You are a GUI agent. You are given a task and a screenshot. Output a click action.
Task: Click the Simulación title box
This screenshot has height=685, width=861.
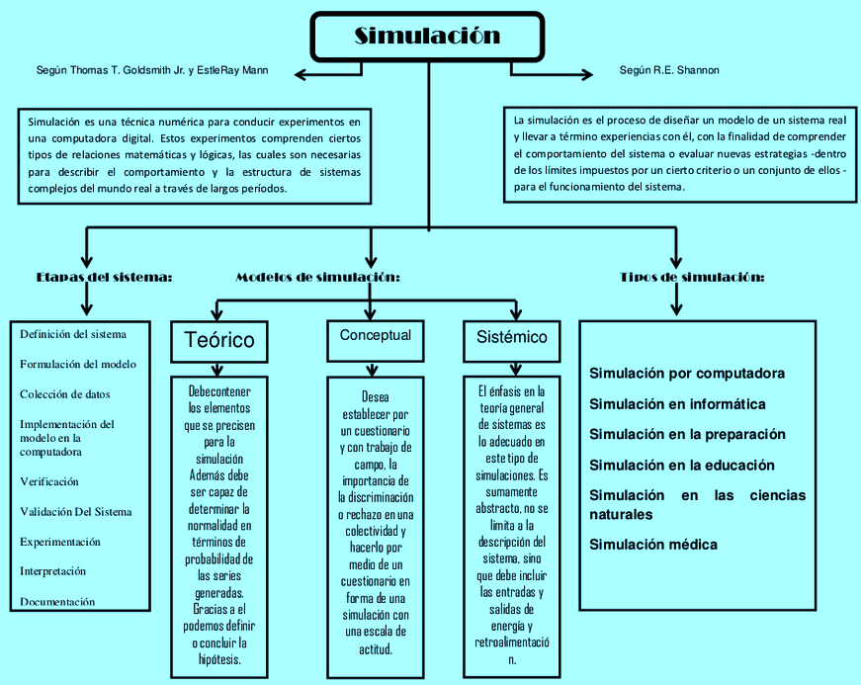click(x=427, y=37)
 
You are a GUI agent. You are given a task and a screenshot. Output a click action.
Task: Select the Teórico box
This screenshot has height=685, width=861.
click(x=218, y=340)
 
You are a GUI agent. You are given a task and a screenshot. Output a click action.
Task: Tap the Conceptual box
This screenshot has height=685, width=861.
click(x=375, y=336)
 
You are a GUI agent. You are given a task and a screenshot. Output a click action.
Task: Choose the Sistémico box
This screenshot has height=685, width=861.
click(x=511, y=337)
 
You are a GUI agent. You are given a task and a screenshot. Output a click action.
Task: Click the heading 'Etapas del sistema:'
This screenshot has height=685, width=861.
click(x=104, y=278)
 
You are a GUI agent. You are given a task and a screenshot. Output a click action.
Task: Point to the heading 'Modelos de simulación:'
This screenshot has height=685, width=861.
click(x=317, y=278)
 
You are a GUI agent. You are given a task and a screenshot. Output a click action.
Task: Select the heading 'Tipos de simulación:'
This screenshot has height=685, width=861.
click(x=692, y=278)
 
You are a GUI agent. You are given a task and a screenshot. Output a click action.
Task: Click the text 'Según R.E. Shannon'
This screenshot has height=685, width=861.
click(x=669, y=71)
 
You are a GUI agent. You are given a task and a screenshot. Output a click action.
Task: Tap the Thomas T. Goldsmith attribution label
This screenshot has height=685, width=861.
click(x=151, y=71)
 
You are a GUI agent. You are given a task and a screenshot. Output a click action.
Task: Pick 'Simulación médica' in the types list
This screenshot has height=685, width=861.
click(x=653, y=545)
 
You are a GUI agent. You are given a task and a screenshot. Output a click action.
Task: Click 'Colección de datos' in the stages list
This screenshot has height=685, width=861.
click(x=65, y=393)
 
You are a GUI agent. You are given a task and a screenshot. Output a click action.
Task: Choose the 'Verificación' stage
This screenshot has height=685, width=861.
click(x=49, y=481)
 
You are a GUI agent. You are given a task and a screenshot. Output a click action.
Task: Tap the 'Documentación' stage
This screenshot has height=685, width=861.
click(x=57, y=601)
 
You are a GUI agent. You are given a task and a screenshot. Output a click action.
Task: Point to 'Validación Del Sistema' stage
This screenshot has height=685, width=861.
click(x=75, y=512)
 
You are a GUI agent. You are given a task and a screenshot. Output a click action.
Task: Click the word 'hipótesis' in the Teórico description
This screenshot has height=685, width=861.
click(x=218, y=658)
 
